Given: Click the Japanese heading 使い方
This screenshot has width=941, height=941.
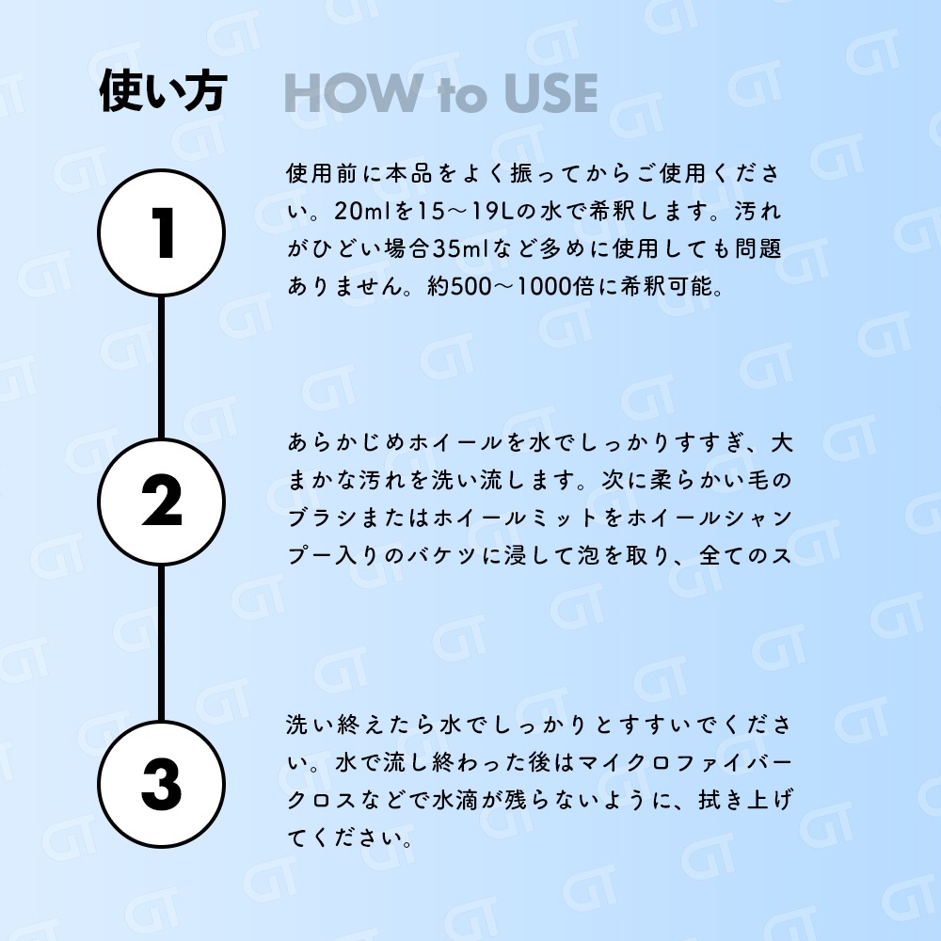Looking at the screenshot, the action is point(163,91).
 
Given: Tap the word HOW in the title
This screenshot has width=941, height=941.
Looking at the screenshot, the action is point(353,93).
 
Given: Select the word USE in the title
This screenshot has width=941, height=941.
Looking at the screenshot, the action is point(550,93).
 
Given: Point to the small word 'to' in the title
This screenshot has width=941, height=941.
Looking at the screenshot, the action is point(462,96).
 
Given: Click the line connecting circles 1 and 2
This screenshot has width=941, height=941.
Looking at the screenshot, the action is point(162,367).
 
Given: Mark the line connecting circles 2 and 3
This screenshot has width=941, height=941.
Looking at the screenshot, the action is point(162,643).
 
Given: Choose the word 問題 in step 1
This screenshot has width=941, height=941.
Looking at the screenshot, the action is point(758,248).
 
